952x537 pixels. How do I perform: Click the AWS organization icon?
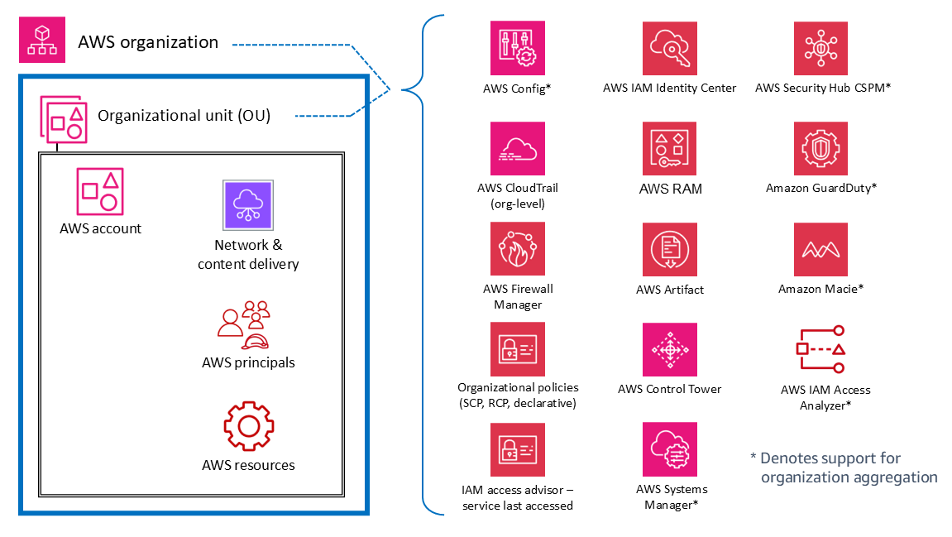point(41,41)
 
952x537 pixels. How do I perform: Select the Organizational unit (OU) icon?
point(65,117)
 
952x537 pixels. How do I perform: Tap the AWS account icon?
point(100,190)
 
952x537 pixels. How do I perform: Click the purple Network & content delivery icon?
point(248,204)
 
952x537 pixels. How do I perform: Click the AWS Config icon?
point(518,48)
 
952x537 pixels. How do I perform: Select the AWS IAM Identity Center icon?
point(669,48)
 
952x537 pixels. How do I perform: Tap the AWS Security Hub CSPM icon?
point(820,48)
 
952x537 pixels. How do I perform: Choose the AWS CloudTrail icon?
point(518,149)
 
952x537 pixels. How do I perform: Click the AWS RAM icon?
point(669,149)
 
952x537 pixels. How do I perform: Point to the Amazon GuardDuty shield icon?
point(820,149)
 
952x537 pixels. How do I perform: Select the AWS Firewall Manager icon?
point(518,249)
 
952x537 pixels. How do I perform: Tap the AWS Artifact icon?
point(669,249)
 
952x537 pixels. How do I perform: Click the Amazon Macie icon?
point(820,249)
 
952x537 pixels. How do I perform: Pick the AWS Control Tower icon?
point(669,349)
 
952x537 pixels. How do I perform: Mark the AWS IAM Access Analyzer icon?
point(820,349)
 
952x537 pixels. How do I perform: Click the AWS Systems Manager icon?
point(669,449)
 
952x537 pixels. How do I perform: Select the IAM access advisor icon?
point(518,449)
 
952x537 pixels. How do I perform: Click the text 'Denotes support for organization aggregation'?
point(844,467)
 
